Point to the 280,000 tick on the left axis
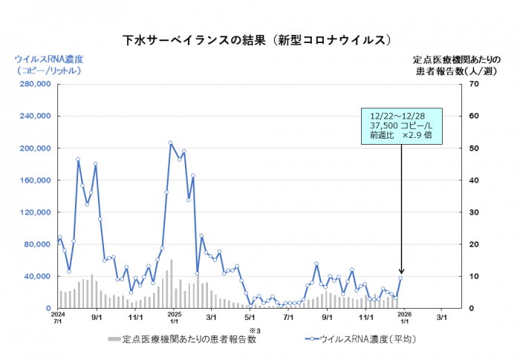coord(33,85)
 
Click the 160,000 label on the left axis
coord(33,180)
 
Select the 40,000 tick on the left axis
coord(36,276)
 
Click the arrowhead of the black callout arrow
coord(402,273)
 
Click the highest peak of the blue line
coord(170,143)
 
